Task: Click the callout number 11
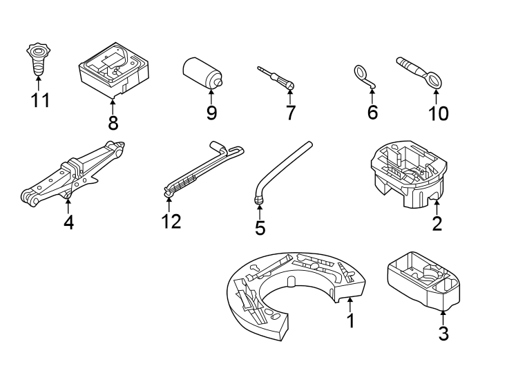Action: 40,101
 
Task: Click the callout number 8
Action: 113,123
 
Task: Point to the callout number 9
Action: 211,113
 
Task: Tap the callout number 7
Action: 290,113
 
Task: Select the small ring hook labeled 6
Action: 364,76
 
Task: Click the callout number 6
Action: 372,112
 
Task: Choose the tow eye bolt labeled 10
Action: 420,71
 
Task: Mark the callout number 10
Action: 438,113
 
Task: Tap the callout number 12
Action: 170,222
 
